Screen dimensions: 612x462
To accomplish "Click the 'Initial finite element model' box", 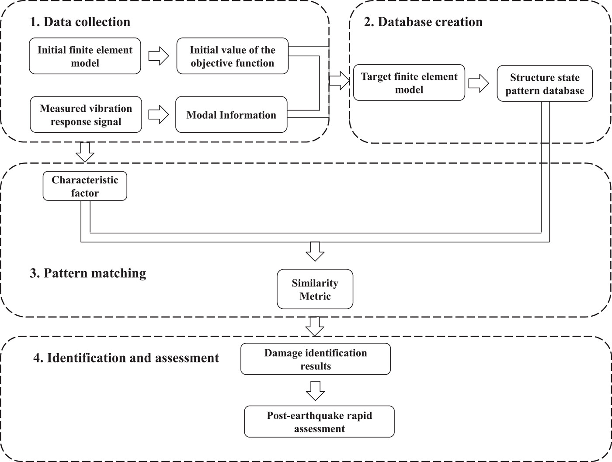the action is point(85,56).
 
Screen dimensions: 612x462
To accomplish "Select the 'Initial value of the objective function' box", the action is point(232,56).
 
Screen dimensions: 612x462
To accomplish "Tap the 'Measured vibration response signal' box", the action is point(86,114).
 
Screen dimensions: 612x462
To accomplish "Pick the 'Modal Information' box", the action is point(231,114).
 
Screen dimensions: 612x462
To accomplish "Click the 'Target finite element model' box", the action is point(409,83).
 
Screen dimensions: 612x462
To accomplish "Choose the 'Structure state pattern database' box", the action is point(545,83).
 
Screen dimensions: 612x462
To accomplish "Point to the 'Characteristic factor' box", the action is point(85,186).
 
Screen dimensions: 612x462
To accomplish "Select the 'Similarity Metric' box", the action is point(315,289).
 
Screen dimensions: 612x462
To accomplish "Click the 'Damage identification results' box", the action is point(316,359).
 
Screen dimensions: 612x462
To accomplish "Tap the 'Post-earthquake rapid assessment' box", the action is point(319,421).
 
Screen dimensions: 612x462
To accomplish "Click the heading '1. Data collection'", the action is point(80,22).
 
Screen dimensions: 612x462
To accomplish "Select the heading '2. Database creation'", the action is point(423,22).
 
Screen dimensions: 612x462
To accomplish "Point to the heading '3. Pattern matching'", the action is point(88,273).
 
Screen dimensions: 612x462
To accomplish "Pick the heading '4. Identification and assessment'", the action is point(126,358).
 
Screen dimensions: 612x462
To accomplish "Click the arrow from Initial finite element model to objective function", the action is point(159,56).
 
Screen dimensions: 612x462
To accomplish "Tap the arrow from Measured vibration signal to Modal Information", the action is point(159,114).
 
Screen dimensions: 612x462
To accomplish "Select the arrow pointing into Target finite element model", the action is point(340,81).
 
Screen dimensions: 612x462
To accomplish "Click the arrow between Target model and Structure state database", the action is point(479,83).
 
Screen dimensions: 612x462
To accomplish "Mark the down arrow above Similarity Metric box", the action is point(315,252).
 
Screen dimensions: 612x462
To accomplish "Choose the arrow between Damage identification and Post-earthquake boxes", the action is point(315,391).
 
